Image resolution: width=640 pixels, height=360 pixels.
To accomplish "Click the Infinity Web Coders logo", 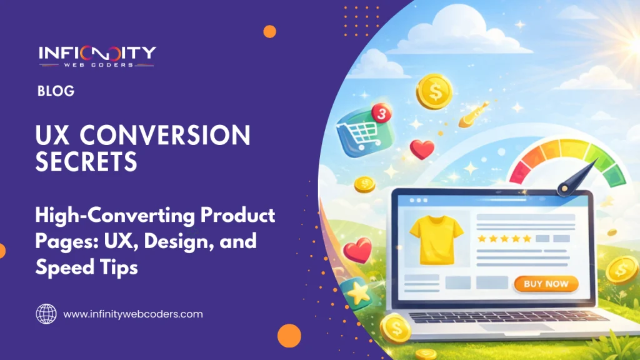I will coord(97,56).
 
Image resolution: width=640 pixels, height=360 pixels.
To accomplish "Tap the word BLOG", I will coord(56,91).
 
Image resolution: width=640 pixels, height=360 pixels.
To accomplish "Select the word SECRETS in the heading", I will coord(86,162).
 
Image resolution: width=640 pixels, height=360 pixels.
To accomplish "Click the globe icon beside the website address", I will coord(46,314).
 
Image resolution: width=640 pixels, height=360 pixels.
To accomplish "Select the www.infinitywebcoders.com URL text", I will coord(133,314).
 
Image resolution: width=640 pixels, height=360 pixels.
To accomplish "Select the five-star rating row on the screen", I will coord(504,238).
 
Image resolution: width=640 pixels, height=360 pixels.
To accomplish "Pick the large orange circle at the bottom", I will coord(289,335).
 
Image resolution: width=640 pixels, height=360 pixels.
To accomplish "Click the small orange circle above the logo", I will coord(270,31).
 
